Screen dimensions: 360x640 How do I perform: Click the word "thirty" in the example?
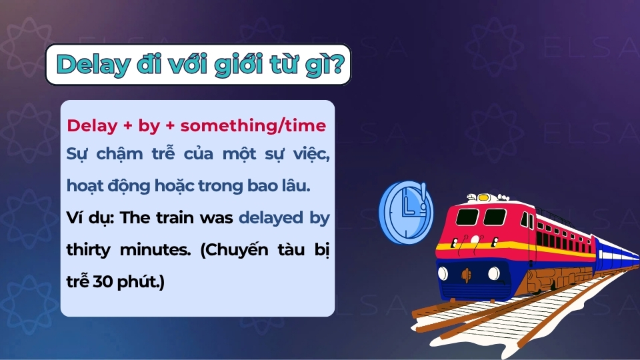(90, 249)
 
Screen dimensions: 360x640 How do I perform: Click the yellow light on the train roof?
(483, 197)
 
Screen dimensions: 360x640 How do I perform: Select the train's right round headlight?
(493, 273)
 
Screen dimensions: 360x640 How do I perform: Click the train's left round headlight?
(443, 273)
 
